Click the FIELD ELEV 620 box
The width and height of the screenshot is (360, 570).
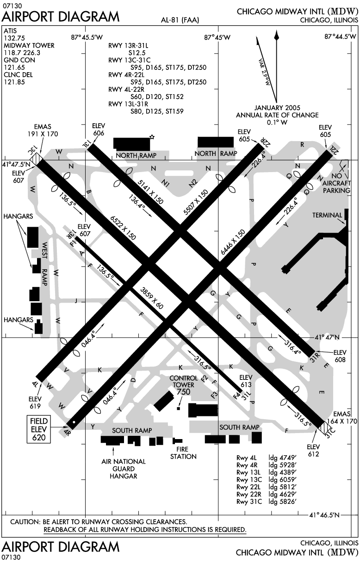click(39, 429)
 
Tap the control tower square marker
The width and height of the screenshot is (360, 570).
click(179, 408)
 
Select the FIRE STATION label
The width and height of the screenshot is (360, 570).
click(183, 452)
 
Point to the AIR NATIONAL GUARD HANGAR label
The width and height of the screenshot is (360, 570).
click(124, 469)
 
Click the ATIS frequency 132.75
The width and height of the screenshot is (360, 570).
click(14, 38)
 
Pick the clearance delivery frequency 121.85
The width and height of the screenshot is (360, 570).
click(14, 82)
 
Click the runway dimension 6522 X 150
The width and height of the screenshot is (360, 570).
click(123, 228)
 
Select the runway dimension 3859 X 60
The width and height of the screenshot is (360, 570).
click(152, 298)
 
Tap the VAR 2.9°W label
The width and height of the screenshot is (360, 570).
click(264, 72)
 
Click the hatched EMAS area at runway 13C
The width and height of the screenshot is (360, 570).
click(35, 157)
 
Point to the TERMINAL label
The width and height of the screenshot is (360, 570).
click(327, 215)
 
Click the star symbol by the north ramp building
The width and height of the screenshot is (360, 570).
click(152, 137)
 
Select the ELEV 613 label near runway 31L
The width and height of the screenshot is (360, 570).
click(246, 381)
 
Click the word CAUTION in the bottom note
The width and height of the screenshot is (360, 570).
click(25, 522)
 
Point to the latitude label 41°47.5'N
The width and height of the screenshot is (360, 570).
click(16, 164)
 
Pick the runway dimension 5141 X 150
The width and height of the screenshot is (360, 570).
click(150, 192)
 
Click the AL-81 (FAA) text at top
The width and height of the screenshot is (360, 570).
click(180, 20)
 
